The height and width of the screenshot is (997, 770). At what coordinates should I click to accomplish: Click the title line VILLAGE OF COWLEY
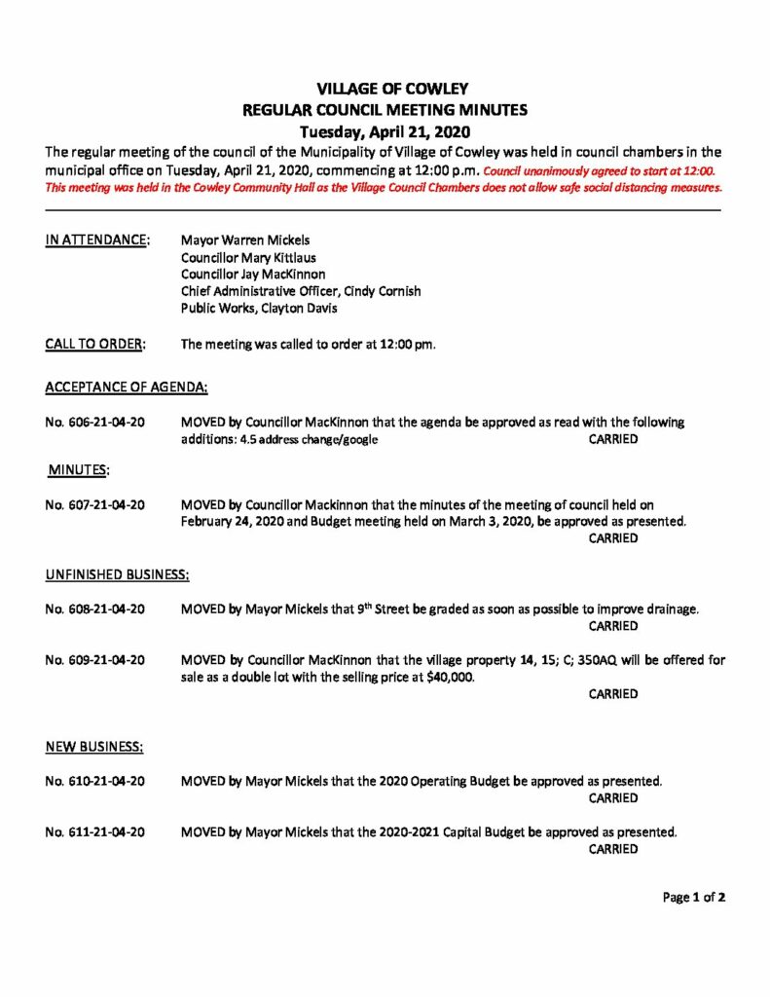point(385,90)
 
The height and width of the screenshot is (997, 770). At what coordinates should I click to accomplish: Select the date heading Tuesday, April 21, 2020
point(385,131)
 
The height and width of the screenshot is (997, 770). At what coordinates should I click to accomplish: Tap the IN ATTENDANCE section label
point(97,239)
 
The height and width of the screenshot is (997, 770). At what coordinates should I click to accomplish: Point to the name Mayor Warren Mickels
point(246,239)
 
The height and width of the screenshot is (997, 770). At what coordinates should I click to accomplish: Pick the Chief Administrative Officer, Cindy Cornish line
point(301,291)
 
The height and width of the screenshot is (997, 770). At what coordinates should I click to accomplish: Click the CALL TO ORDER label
point(95,343)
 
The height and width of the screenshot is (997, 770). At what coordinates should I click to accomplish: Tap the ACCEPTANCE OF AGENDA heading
point(127,388)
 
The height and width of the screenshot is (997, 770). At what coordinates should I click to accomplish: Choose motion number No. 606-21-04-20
point(95,423)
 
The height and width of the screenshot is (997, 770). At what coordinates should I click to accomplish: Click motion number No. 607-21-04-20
point(95,504)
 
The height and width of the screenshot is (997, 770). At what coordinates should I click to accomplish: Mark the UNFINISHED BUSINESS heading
point(117,574)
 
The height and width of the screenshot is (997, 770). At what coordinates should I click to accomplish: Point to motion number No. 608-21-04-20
point(95,609)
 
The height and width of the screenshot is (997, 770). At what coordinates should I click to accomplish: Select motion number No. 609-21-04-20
point(95,659)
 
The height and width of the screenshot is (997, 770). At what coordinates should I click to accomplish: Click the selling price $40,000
point(449,677)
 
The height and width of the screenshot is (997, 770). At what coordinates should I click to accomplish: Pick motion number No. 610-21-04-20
point(95,781)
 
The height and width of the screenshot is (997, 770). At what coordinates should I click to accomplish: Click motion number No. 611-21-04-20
point(95,831)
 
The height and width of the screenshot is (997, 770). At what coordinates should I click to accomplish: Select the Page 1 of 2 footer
point(693,898)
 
